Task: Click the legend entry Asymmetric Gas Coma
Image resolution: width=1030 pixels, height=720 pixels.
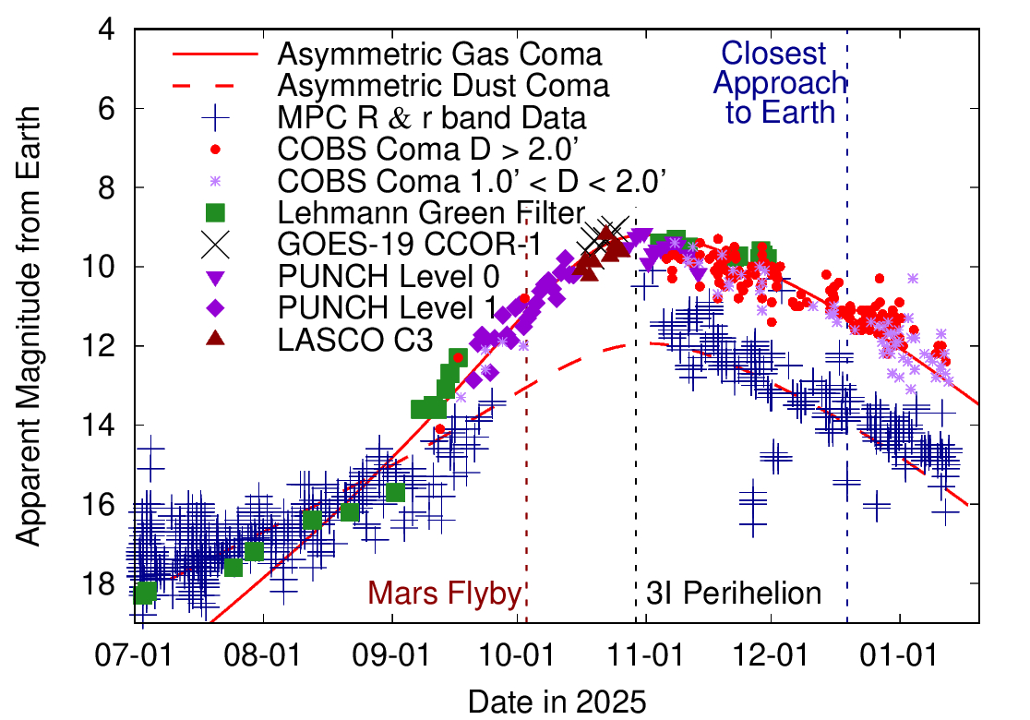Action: tap(439, 54)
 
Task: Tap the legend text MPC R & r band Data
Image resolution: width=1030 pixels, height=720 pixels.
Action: tap(431, 117)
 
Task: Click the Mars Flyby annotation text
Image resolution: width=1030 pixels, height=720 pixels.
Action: tap(445, 594)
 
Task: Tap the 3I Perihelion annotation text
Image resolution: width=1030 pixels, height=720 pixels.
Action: tap(734, 594)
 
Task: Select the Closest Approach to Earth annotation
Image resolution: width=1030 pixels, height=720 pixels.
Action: tap(780, 83)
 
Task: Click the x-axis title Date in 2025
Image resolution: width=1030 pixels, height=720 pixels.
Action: tap(557, 701)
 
